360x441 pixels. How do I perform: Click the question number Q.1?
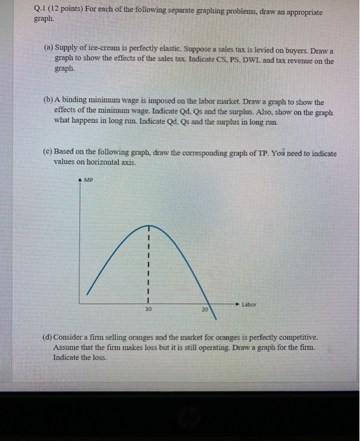pyautogui.click(x=41, y=12)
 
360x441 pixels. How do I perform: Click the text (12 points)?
pyautogui.click(x=67, y=12)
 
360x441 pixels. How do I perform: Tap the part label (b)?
pyautogui.click(x=49, y=101)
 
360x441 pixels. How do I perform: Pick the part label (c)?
pyautogui.click(x=49, y=153)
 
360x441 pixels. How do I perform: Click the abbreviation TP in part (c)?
pyautogui.click(x=260, y=153)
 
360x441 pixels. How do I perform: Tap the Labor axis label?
pyautogui.click(x=249, y=304)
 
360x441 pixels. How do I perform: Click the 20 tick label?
pyautogui.click(x=204, y=310)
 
